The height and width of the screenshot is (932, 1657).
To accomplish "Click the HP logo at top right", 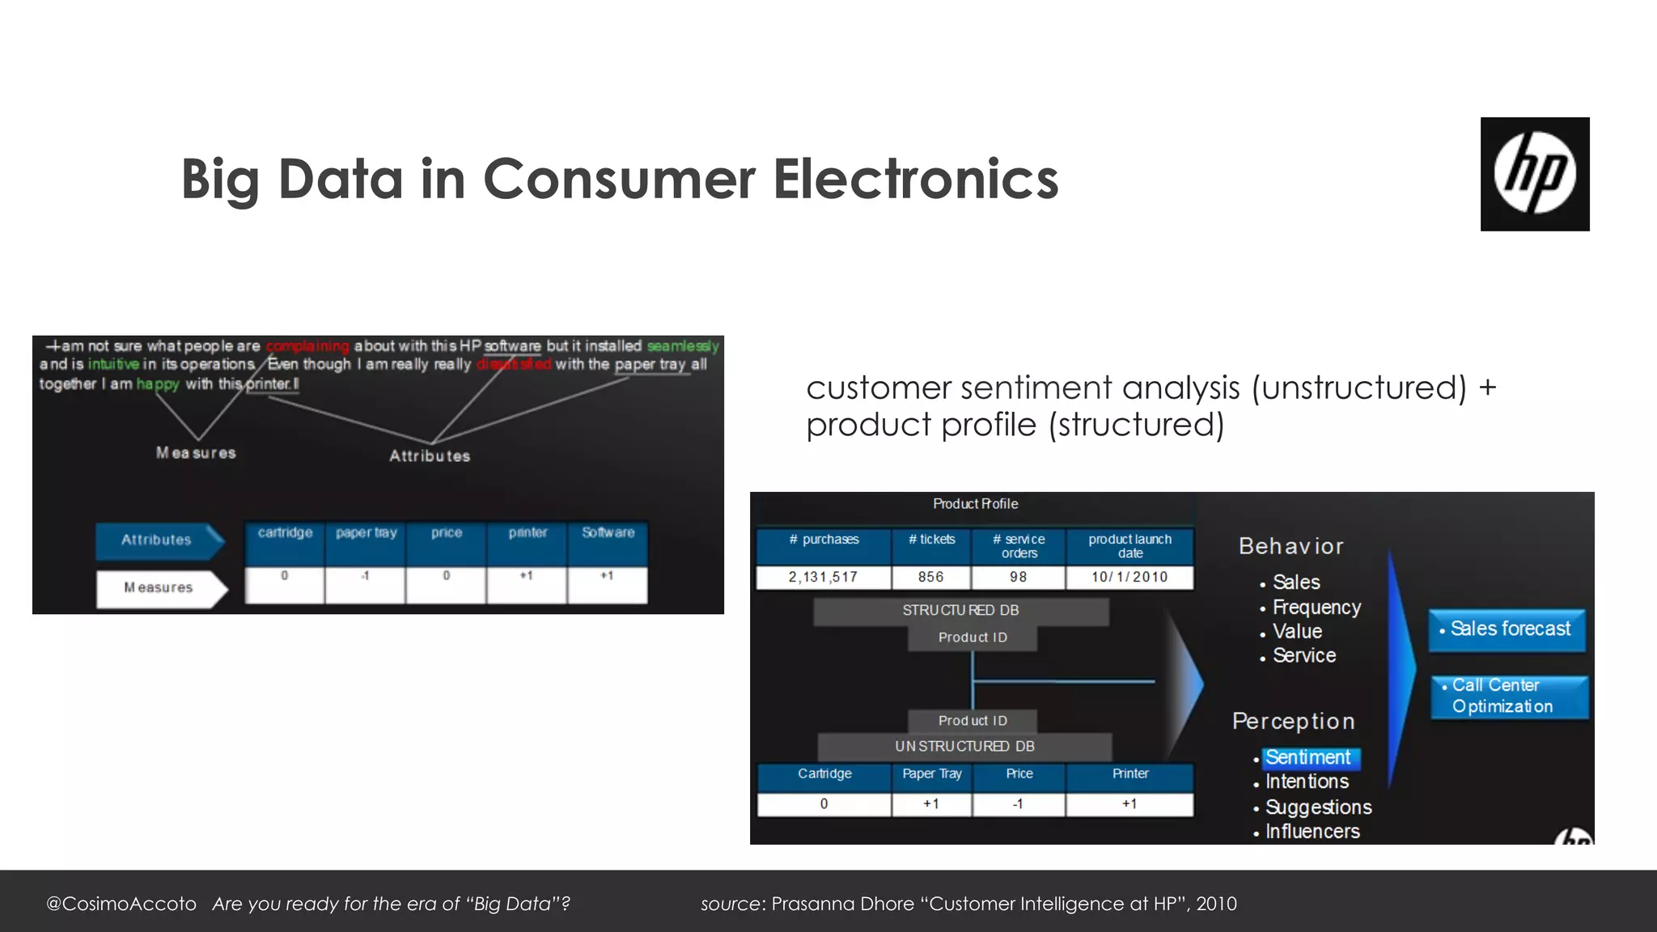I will tap(1534, 174).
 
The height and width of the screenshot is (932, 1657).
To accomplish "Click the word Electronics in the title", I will tap(915, 179).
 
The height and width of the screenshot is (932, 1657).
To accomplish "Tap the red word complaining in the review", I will tap(307, 346).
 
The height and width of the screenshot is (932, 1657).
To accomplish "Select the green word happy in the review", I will tap(158, 384).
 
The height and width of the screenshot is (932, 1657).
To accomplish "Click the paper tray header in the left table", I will tap(366, 533).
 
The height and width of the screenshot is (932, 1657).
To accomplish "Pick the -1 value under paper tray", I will tap(365, 576).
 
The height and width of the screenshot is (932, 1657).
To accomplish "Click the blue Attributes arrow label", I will tap(157, 540).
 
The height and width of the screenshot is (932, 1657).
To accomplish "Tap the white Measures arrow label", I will tap(159, 588).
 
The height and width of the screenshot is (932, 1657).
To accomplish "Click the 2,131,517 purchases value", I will tap(823, 577).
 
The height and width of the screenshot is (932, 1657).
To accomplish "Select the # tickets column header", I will tap(931, 540).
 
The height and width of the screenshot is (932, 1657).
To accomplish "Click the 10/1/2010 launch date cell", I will tap(1129, 577).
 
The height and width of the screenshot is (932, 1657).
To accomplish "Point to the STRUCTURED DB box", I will tap(960, 611).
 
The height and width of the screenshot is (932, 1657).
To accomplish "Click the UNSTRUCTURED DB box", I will tap(964, 746).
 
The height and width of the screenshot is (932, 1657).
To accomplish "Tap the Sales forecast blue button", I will tap(1507, 629).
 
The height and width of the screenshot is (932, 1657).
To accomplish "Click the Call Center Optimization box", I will tap(1508, 696).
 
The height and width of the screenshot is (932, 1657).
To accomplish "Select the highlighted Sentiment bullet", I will tap(1307, 758).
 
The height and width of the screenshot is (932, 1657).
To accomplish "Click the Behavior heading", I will tap(1290, 547).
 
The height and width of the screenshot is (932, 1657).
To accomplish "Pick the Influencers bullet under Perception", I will tap(1312, 832).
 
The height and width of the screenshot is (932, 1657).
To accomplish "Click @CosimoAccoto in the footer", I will tap(121, 904).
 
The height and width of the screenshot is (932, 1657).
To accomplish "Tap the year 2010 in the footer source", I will tap(1216, 904).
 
